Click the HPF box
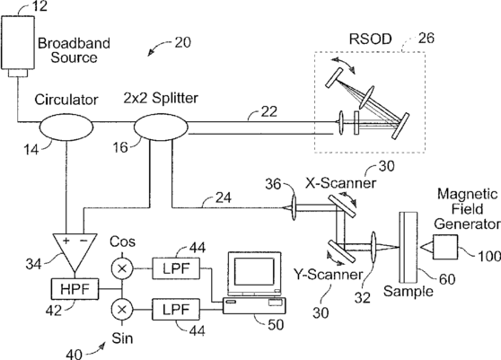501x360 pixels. (x=75, y=289)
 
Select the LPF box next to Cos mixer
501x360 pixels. (x=176, y=268)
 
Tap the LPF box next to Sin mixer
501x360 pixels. (x=176, y=310)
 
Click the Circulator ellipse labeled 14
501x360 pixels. (x=66, y=127)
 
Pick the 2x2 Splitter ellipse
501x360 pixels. (x=161, y=127)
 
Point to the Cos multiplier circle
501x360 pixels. (x=122, y=268)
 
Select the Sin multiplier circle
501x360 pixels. (x=122, y=310)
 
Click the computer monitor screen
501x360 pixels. (x=254, y=271)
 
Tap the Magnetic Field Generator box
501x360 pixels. (x=445, y=247)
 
